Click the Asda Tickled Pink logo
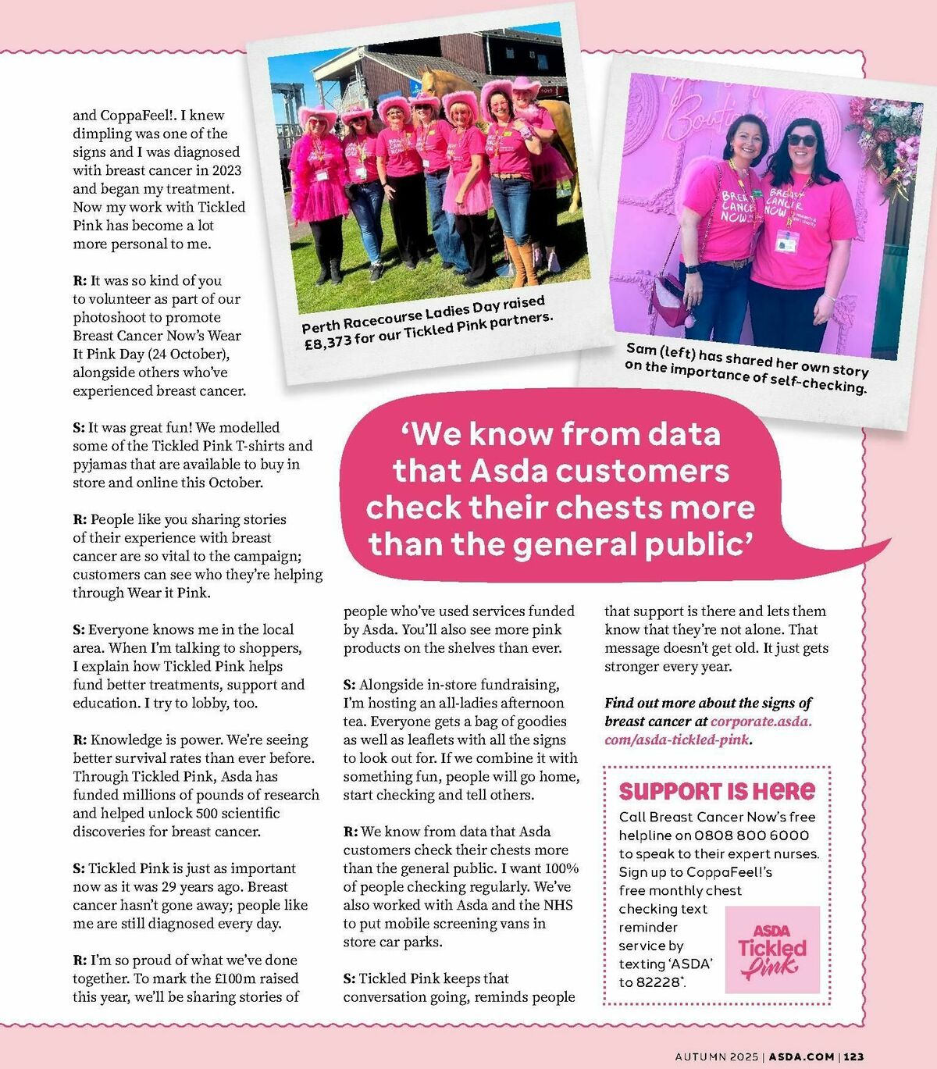[x=772, y=950]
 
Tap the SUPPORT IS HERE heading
[x=717, y=791]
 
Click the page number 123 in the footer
[x=853, y=1057]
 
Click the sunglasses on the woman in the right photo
[x=802, y=141]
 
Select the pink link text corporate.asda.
[x=761, y=722]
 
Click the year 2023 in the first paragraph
[x=226, y=170]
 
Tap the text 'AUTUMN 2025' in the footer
[x=716, y=1057]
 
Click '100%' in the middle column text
[x=561, y=868]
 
